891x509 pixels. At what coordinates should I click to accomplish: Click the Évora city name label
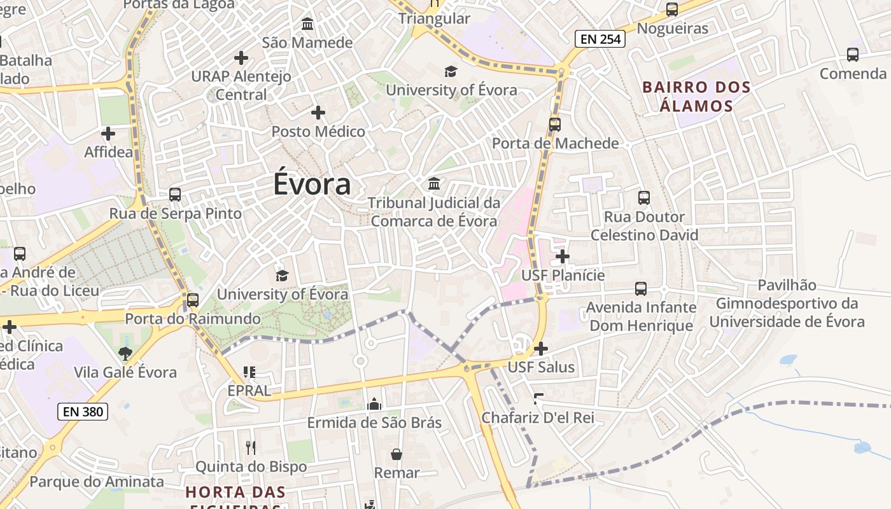tap(312, 185)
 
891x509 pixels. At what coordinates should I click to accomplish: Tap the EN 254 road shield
tap(600, 39)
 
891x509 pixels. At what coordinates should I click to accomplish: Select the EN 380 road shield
tap(83, 411)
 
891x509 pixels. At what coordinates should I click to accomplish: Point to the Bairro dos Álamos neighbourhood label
tap(696, 96)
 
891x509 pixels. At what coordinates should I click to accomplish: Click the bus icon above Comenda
tap(853, 55)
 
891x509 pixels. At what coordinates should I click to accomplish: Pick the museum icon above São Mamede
tap(307, 24)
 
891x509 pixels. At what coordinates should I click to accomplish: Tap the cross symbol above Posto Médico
tap(318, 113)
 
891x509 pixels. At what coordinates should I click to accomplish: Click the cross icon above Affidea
tap(108, 134)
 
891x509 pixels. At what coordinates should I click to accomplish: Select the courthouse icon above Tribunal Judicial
tap(434, 184)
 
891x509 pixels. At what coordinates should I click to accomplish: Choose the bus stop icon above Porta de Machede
tap(555, 125)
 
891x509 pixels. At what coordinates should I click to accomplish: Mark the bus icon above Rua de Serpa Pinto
tap(175, 195)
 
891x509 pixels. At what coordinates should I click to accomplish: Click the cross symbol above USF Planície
tap(563, 256)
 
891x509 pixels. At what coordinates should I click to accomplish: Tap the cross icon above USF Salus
tap(541, 349)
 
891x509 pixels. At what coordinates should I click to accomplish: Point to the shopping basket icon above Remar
tap(396, 454)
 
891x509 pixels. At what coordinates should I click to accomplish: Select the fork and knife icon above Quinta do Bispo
tap(251, 448)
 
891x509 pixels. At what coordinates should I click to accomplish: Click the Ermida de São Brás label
tap(374, 422)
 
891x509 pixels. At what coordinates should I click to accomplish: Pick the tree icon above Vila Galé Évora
tap(125, 353)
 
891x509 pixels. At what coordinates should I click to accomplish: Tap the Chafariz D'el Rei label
tap(538, 417)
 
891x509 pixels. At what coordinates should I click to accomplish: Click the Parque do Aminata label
tap(97, 482)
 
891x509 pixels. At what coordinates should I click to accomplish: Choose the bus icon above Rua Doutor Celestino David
tap(644, 198)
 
